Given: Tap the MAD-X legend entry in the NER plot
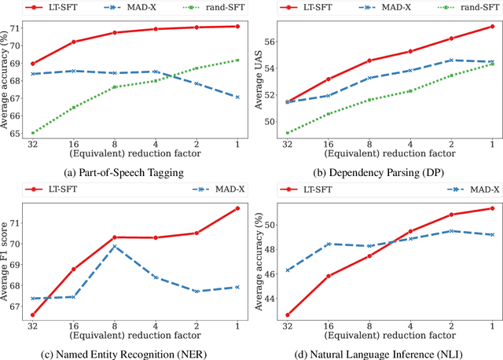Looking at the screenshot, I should click(x=219, y=189).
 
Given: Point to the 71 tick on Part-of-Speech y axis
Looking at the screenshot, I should click(x=15, y=26).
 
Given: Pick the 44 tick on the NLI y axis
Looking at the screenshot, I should click(x=266, y=299).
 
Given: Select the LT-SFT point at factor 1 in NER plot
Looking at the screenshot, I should click(x=237, y=208).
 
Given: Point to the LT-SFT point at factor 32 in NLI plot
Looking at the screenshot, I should click(x=288, y=315).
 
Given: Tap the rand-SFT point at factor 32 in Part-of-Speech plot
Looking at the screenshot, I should click(x=32, y=133).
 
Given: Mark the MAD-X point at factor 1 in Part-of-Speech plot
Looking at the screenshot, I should click(x=237, y=97).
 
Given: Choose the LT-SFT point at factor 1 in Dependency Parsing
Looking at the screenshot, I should click(x=492, y=26).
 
